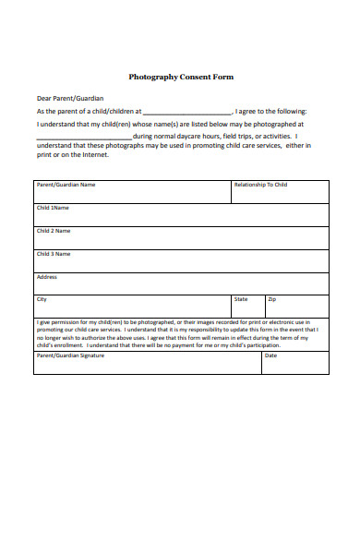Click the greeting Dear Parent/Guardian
[x=70, y=98]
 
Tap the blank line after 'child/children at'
[x=187, y=111]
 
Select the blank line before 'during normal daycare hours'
[x=84, y=134]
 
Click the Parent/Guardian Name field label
[x=66, y=185]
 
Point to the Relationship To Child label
[x=260, y=185]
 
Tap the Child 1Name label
[x=53, y=208]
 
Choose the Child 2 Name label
[x=54, y=231]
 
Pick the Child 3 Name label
[x=54, y=253]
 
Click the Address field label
[x=47, y=276]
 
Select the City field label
[x=42, y=299]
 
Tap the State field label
[x=241, y=299]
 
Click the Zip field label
[x=271, y=299]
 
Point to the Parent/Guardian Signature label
[x=70, y=355]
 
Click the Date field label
[x=270, y=355]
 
